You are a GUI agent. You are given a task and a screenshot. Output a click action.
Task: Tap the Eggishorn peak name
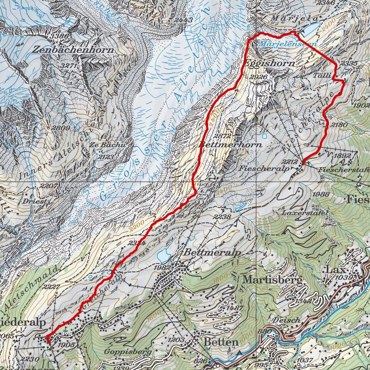coord(270,63)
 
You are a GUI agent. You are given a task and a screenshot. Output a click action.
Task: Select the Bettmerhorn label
coord(230,145)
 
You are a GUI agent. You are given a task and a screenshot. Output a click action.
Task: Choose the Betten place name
coord(221,342)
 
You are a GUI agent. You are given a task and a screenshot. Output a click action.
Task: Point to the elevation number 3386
coord(59,36)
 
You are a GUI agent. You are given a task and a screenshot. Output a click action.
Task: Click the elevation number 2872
coord(223,136)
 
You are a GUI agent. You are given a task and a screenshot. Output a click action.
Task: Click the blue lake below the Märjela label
coord(310,29)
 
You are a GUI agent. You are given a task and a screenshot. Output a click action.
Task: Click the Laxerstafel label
coord(300,213)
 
